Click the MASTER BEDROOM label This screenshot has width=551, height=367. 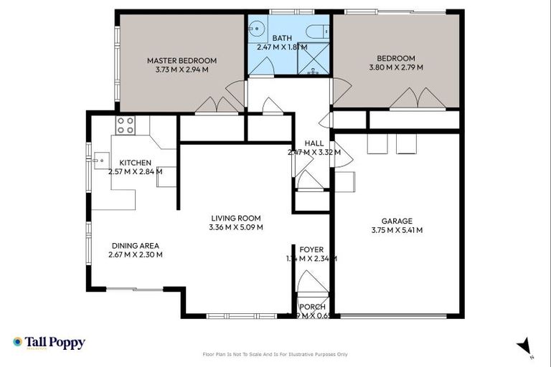[182, 61]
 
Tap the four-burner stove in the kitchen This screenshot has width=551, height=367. [126, 125]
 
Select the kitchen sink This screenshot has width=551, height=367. [98, 161]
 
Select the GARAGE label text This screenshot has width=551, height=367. [397, 221]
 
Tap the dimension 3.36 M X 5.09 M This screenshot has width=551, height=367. [235, 228]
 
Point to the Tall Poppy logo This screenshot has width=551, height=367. [49, 343]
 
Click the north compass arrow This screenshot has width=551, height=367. [524, 345]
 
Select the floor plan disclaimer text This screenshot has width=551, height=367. [275, 354]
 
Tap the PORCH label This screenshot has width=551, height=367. [311, 307]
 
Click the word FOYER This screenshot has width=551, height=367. [311, 249]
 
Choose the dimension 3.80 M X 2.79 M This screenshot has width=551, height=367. [396, 67]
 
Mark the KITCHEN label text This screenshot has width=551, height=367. [135, 163]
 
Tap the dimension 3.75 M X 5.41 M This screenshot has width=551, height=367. [397, 230]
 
